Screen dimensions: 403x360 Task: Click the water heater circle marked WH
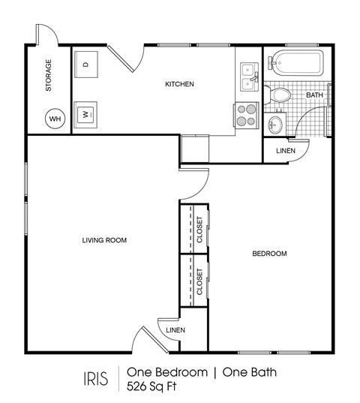55,118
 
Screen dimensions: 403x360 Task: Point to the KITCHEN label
180,84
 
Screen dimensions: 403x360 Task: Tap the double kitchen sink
247,74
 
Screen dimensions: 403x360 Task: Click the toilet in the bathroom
280,95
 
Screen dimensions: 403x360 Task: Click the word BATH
314,95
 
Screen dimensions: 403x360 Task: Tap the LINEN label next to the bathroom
286,151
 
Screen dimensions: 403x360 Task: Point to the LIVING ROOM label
104,240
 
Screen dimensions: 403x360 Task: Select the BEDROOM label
268,254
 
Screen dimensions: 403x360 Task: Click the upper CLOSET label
199,230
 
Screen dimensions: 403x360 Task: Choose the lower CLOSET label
199,281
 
